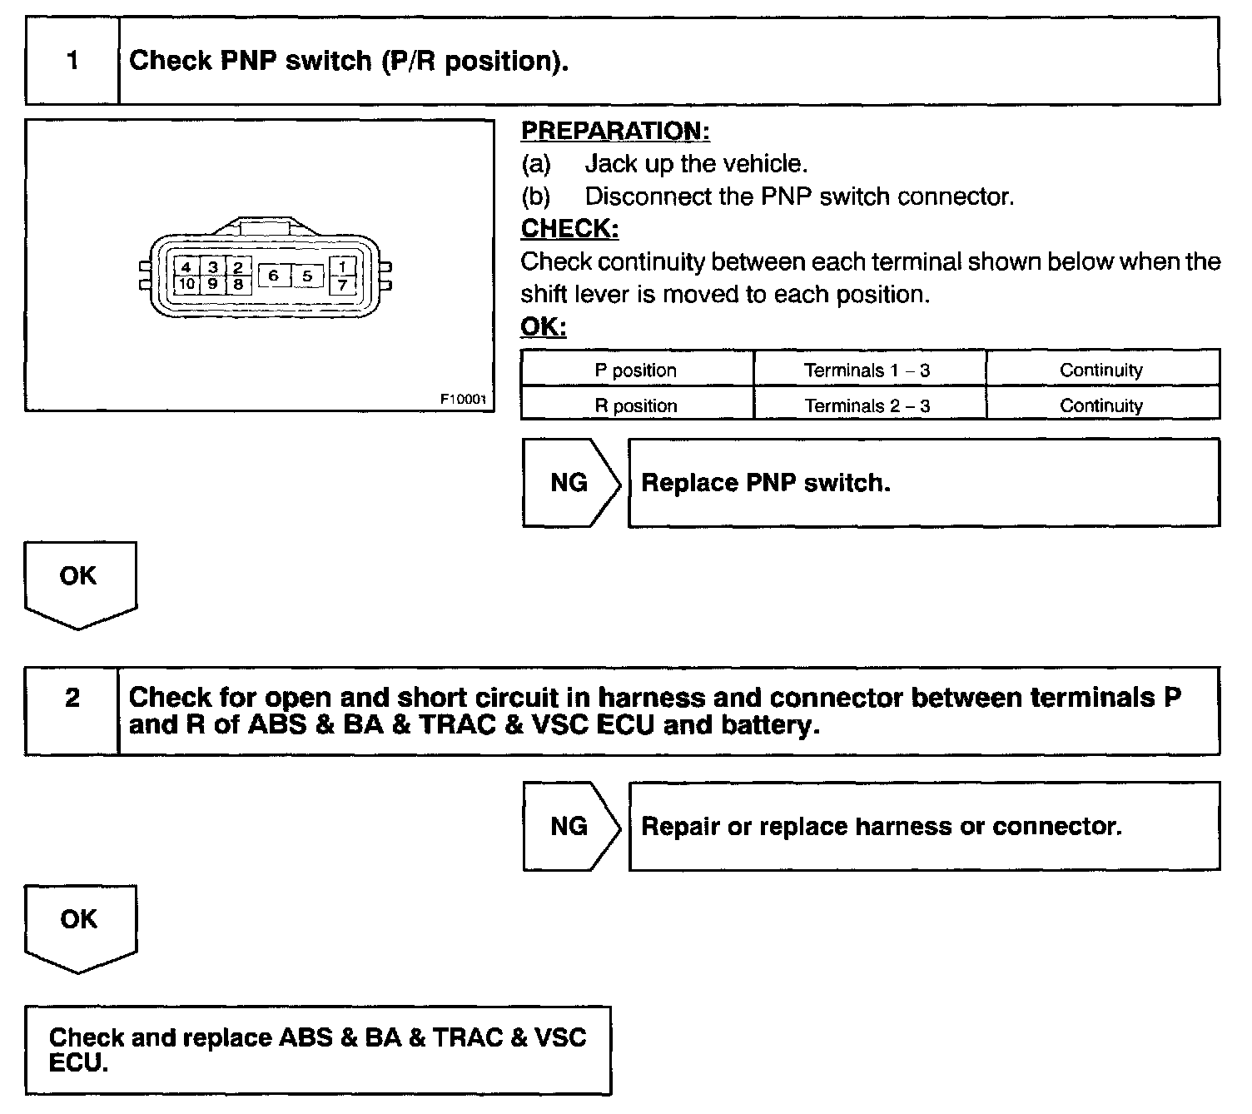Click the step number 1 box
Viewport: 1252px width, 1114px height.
click(72, 62)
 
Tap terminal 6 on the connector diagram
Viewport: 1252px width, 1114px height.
click(273, 275)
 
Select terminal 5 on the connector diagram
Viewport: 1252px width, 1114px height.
click(307, 275)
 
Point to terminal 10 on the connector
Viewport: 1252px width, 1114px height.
click(186, 284)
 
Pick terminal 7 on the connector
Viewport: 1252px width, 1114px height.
click(343, 285)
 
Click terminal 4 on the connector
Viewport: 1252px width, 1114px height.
click(186, 267)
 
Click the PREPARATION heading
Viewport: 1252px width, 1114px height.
click(615, 132)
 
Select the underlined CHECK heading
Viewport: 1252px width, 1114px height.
click(569, 229)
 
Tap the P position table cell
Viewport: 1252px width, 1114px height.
click(636, 371)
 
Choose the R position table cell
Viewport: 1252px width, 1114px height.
click(636, 405)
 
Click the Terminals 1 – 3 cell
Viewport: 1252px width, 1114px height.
click(867, 371)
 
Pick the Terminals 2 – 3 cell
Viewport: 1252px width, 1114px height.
click(867, 405)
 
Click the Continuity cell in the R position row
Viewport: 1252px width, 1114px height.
click(1100, 405)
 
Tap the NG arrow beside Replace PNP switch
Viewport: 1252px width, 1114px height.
click(569, 483)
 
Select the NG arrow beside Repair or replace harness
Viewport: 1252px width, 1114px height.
click(569, 826)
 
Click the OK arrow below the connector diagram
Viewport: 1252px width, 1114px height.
click(79, 583)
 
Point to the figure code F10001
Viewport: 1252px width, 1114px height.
click(463, 399)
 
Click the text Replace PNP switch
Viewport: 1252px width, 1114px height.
click(766, 483)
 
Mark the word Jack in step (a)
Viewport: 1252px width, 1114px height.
click(613, 164)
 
